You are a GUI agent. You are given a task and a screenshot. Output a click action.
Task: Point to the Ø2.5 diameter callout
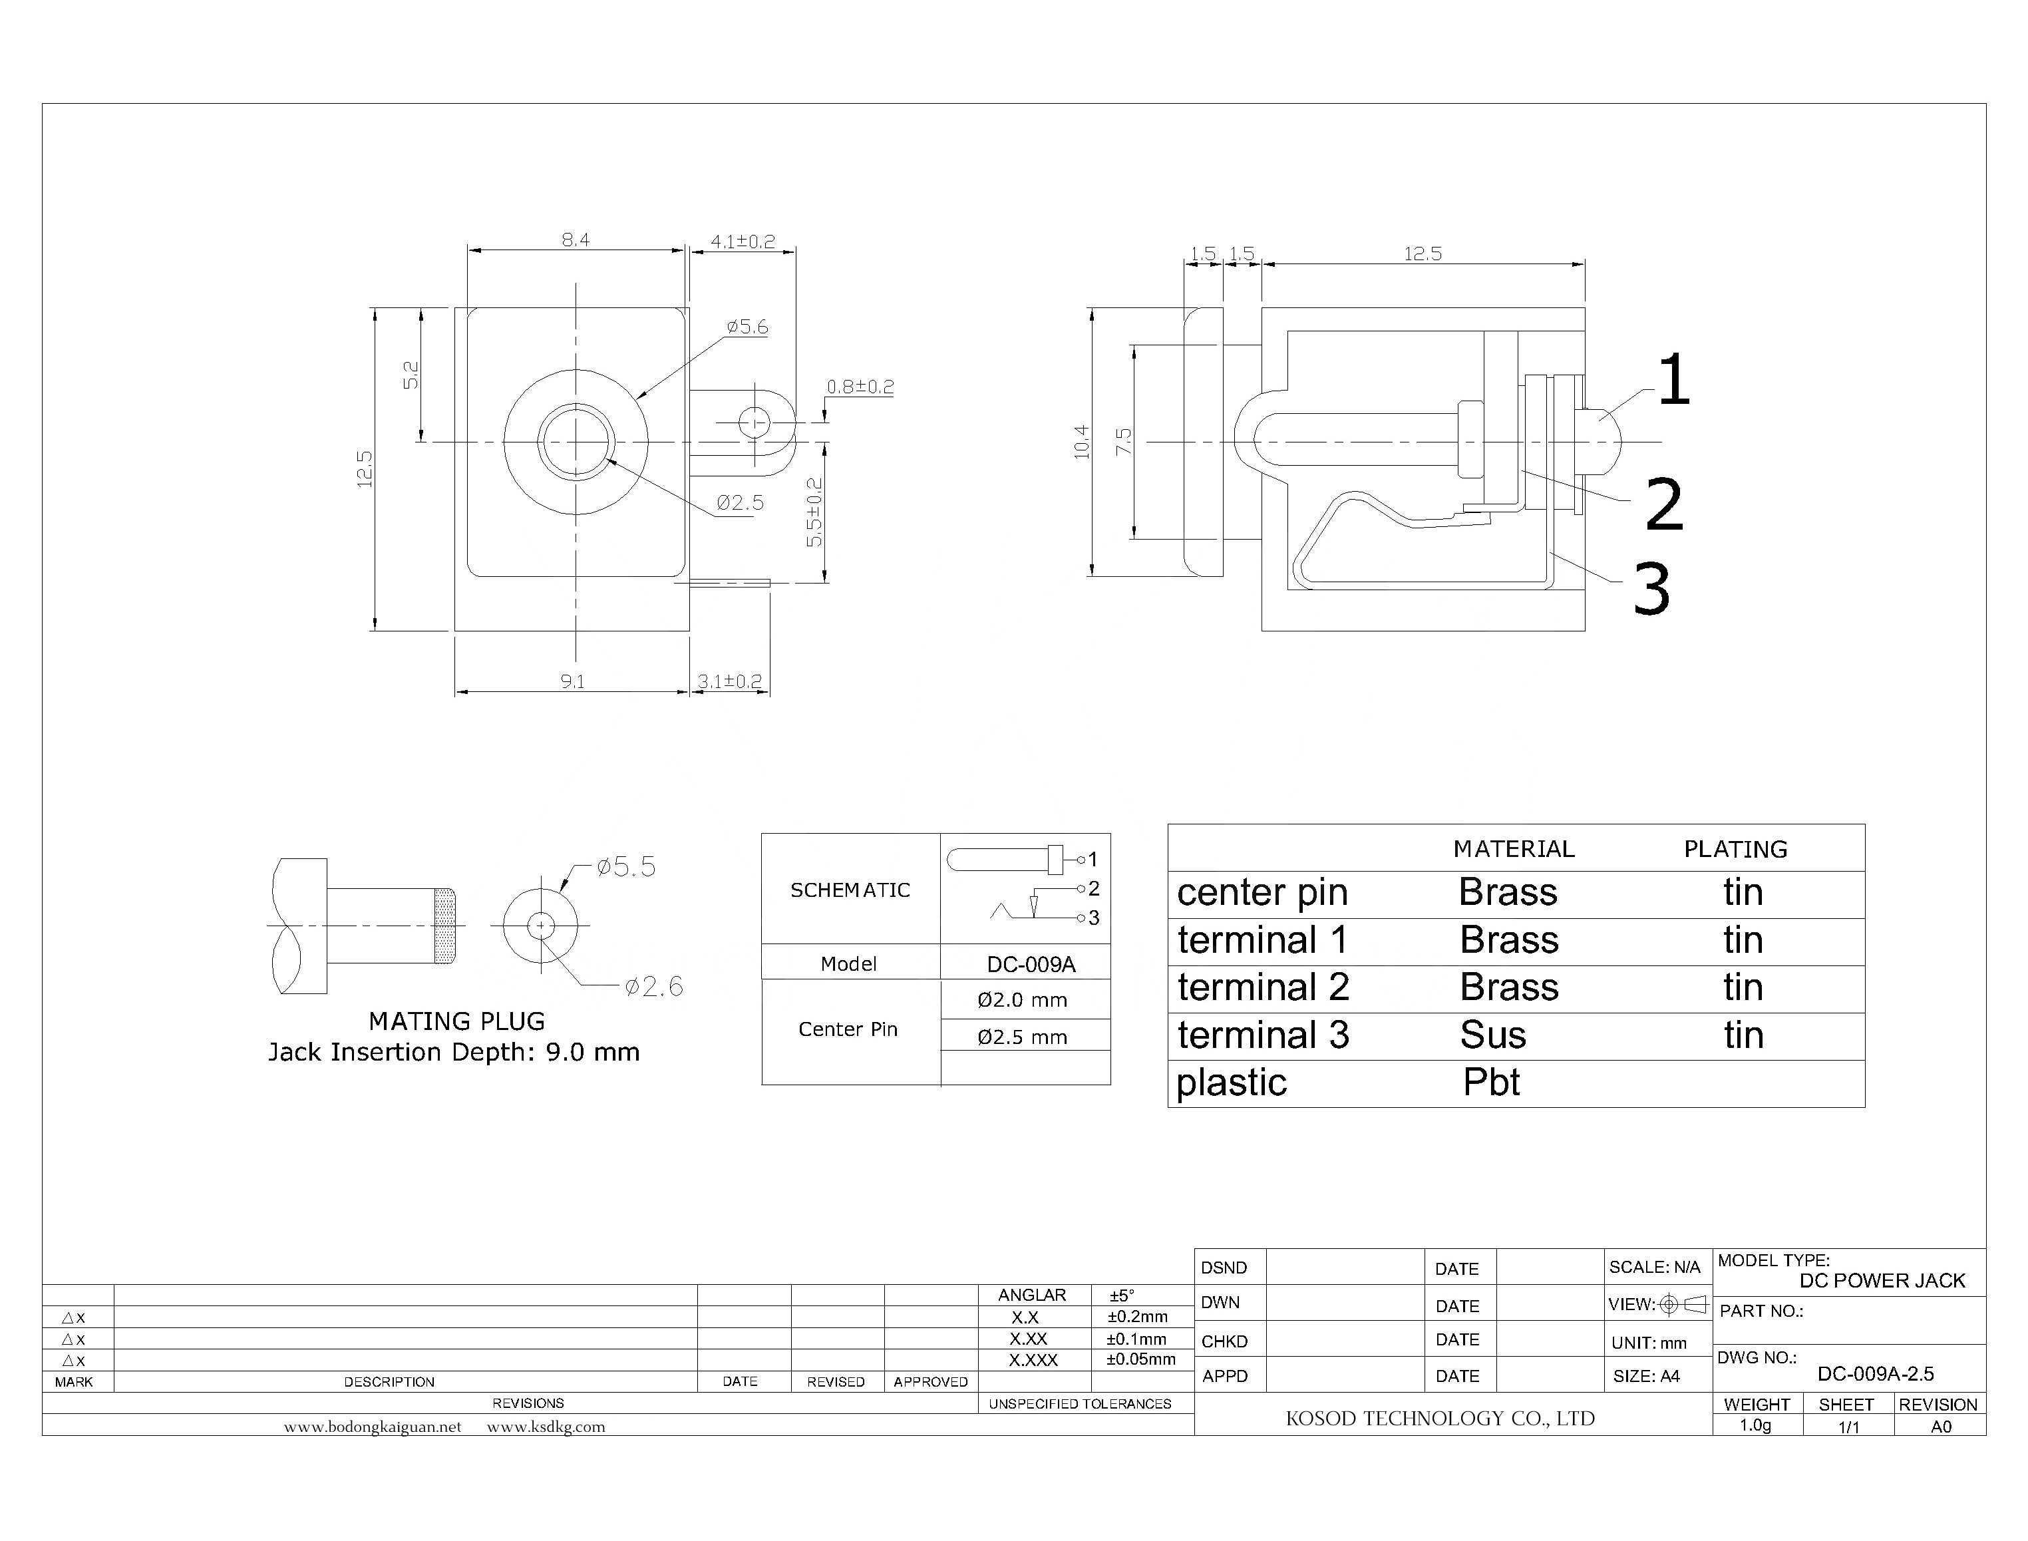point(739,502)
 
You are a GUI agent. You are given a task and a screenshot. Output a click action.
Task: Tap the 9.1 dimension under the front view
point(572,681)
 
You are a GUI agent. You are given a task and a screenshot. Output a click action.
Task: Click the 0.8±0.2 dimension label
point(860,387)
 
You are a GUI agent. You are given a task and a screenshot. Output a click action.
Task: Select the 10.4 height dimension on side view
point(1083,442)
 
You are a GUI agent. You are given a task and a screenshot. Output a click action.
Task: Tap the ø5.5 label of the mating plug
point(627,867)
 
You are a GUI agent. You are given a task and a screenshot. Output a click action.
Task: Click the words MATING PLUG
point(457,1021)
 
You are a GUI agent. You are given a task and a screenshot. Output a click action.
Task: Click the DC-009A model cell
point(1031,964)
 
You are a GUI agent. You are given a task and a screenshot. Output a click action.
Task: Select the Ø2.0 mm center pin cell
point(1023,1000)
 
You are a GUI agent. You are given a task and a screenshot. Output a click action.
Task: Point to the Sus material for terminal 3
point(1493,1035)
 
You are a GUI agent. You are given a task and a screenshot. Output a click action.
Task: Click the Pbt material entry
point(1492,1083)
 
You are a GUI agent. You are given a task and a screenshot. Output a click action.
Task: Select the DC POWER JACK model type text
point(1882,1280)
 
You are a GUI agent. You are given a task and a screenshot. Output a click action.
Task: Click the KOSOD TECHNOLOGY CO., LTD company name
point(1440,1418)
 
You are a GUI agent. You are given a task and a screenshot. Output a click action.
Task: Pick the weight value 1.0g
point(1756,1425)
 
